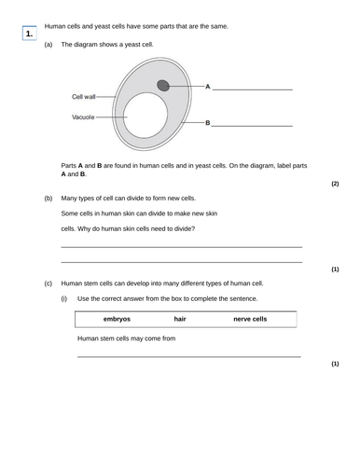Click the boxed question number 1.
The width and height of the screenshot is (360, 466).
(x=30, y=34)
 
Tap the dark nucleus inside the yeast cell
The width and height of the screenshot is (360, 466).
(x=163, y=86)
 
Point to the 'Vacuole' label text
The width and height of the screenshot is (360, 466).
(x=84, y=117)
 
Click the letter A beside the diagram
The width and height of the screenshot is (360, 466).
(x=207, y=87)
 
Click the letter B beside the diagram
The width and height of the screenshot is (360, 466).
(x=207, y=122)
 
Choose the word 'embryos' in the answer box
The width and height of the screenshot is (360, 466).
(x=117, y=319)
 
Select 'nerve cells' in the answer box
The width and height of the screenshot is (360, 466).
(x=250, y=319)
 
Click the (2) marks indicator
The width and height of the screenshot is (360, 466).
(x=335, y=184)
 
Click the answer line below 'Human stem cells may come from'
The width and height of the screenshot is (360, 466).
(x=188, y=356)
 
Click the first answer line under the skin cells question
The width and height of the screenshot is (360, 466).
(x=181, y=246)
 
